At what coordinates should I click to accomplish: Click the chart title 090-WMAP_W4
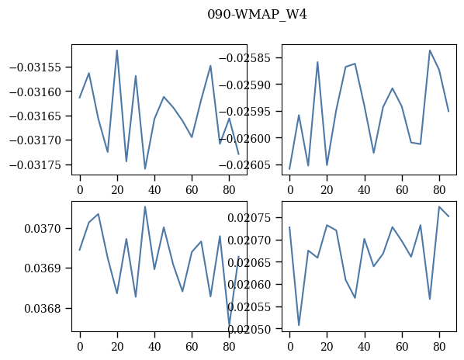[x=257, y=15]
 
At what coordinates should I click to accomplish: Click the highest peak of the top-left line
[x=117, y=50]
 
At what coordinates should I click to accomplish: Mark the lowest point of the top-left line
[x=145, y=169]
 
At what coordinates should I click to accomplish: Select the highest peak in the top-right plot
[x=430, y=50]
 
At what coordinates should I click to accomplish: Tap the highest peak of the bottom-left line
[x=145, y=206]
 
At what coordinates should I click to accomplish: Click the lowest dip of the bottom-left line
[x=229, y=325]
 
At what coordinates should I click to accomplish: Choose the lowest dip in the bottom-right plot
[x=299, y=325]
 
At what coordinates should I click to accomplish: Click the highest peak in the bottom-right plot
[x=439, y=206]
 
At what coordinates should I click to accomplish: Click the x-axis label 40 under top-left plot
[x=154, y=189]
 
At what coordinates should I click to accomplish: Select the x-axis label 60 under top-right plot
[x=402, y=189]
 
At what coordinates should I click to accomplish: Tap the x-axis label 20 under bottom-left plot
[x=117, y=346]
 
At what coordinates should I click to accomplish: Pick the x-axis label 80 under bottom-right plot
[x=439, y=346]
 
